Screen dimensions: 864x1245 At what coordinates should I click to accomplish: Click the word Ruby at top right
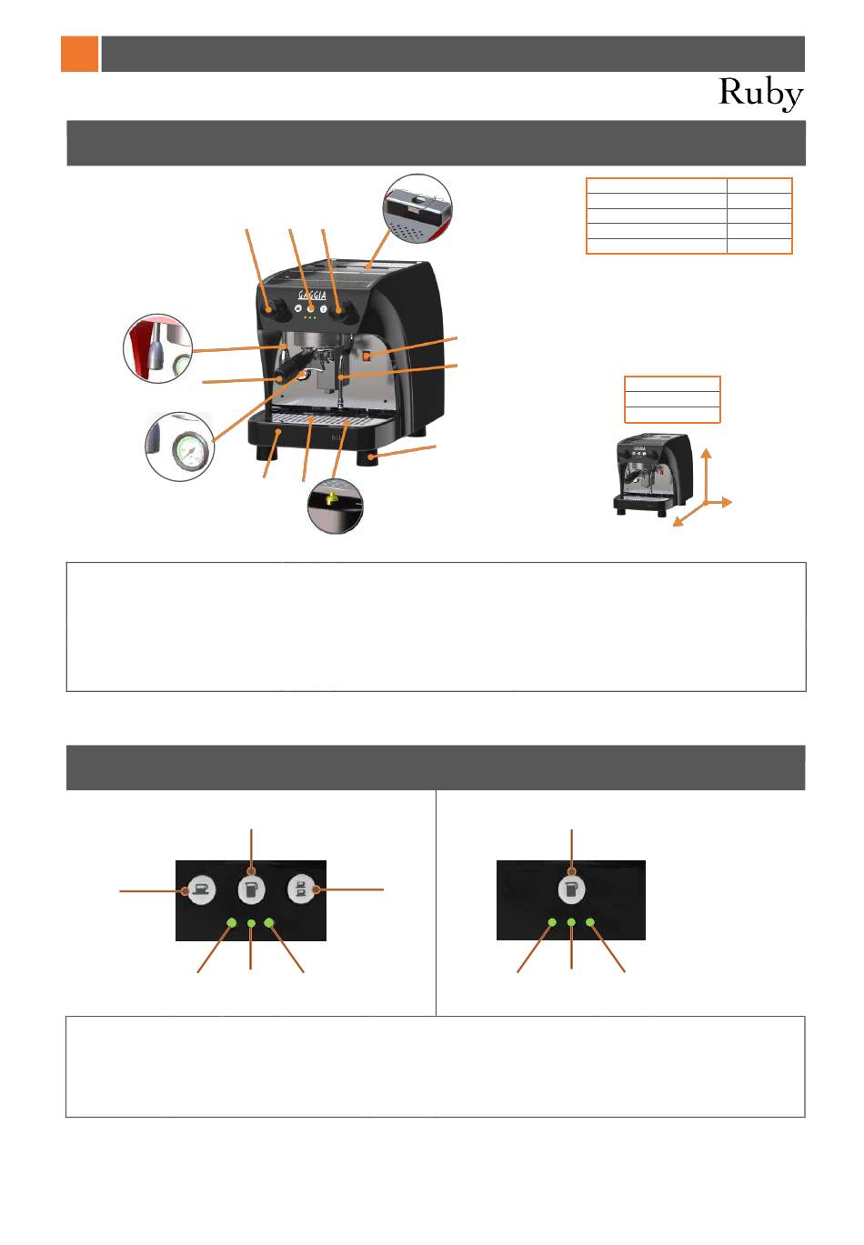tap(760, 93)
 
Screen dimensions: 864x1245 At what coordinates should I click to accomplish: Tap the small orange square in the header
tap(79, 54)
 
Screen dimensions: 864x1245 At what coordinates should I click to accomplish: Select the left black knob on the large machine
tap(270, 311)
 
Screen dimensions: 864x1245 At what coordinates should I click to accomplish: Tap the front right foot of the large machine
tap(373, 458)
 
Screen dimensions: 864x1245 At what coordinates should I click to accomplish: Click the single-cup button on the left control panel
tap(200, 890)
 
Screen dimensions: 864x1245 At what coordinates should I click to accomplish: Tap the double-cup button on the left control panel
tap(301, 889)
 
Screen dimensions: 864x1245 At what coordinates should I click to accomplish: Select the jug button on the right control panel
tap(571, 890)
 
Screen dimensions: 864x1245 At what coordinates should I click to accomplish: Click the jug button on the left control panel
tap(251, 889)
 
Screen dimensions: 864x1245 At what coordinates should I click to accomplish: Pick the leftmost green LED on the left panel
tap(232, 923)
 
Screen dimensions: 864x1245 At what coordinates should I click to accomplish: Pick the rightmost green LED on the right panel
tap(590, 923)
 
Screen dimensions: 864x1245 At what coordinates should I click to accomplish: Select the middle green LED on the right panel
tap(571, 923)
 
